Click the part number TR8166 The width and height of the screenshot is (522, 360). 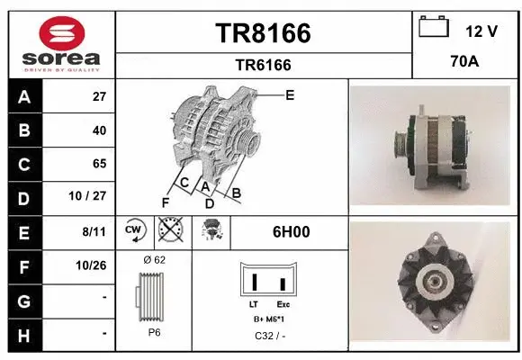[x=263, y=33]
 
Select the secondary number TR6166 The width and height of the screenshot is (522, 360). [x=263, y=65]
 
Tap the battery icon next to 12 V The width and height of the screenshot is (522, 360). [x=435, y=28]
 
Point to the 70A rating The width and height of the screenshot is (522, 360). [x=464, y=64]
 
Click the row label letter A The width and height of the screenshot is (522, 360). [x=23, y=97]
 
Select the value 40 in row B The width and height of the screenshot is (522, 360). [x=99, y=130]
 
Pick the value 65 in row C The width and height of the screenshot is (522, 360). [x=99, y=164]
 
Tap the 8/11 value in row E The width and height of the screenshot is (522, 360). [x=94, y=231]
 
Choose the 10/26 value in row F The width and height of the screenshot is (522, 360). [x=93, y=265]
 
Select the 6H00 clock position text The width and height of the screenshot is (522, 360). [x=291, y=231]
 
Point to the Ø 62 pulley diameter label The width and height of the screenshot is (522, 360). [x=154, y=259]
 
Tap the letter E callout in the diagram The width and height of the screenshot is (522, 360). [x=290, y=94]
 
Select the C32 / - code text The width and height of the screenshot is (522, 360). [x=269, y=336]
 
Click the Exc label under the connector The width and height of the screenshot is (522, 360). [x=283, y=305]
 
